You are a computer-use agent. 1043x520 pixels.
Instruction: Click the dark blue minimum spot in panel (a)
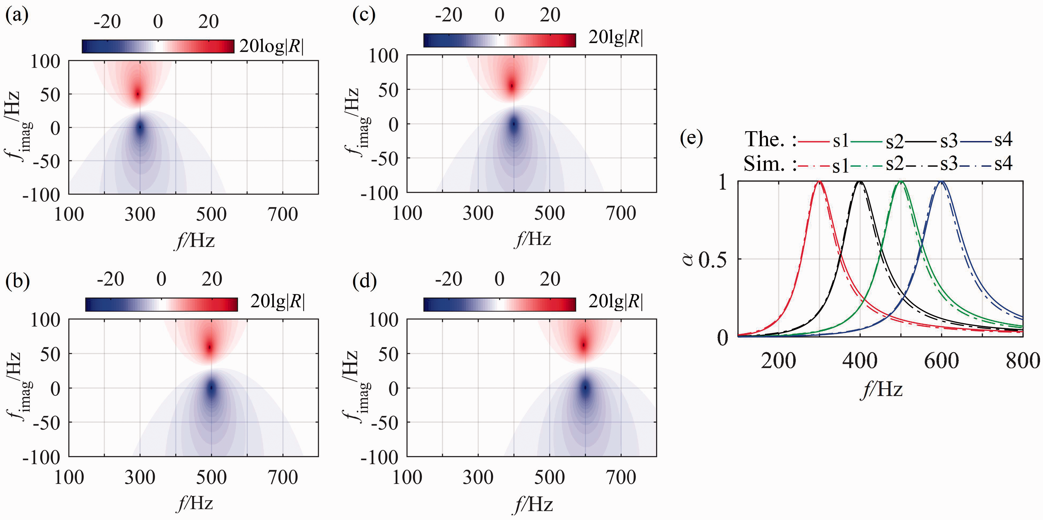140,127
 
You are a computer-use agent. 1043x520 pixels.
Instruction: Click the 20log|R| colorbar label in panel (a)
272,46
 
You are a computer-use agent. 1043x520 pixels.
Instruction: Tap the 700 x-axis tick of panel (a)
283,214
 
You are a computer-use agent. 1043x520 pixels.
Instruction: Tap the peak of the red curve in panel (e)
820,182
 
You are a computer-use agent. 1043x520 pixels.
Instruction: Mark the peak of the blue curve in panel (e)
942,182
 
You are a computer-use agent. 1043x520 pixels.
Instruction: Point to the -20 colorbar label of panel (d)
449,279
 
